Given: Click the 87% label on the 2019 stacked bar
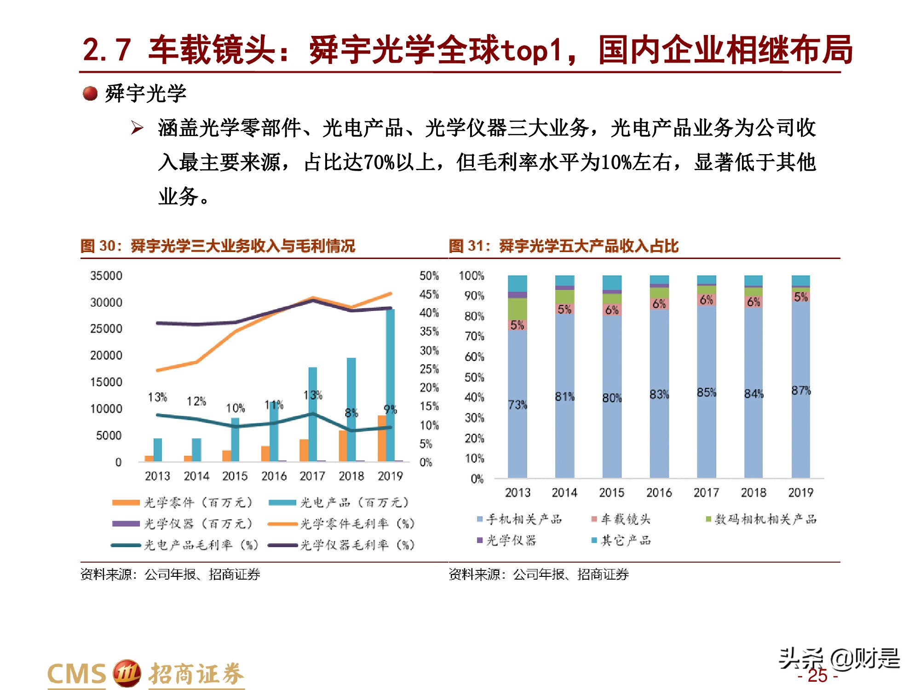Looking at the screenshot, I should click(x=801, y=391).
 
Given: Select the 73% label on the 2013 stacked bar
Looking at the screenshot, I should click(x=517, y=405).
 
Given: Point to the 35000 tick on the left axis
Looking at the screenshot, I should click(x=106, y=276).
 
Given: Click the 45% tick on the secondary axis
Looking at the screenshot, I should click(x=429, y=294).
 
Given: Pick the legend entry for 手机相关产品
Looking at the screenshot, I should click(x=520, y=519).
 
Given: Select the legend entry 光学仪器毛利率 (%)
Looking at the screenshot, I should click(x=343, y=545).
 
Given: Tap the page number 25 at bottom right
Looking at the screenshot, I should click(x=817, y=676).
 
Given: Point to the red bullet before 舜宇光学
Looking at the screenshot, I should click(x=90, y=94).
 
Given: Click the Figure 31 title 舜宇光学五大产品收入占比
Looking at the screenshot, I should click(x=588, y=246).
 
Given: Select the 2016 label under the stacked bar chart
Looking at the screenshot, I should click(x=659, y=493).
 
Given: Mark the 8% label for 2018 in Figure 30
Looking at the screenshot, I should click(x=351, y=413).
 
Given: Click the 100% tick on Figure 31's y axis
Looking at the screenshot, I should click(x=471, y=276).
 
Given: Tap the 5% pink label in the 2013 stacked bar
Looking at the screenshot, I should click(x=517, y=325).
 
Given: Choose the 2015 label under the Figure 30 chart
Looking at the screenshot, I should click(x=235, y=476).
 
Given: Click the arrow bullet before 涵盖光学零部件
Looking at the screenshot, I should click(x=137, y=127).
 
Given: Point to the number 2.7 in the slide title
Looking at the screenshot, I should click(x=107, y=50).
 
